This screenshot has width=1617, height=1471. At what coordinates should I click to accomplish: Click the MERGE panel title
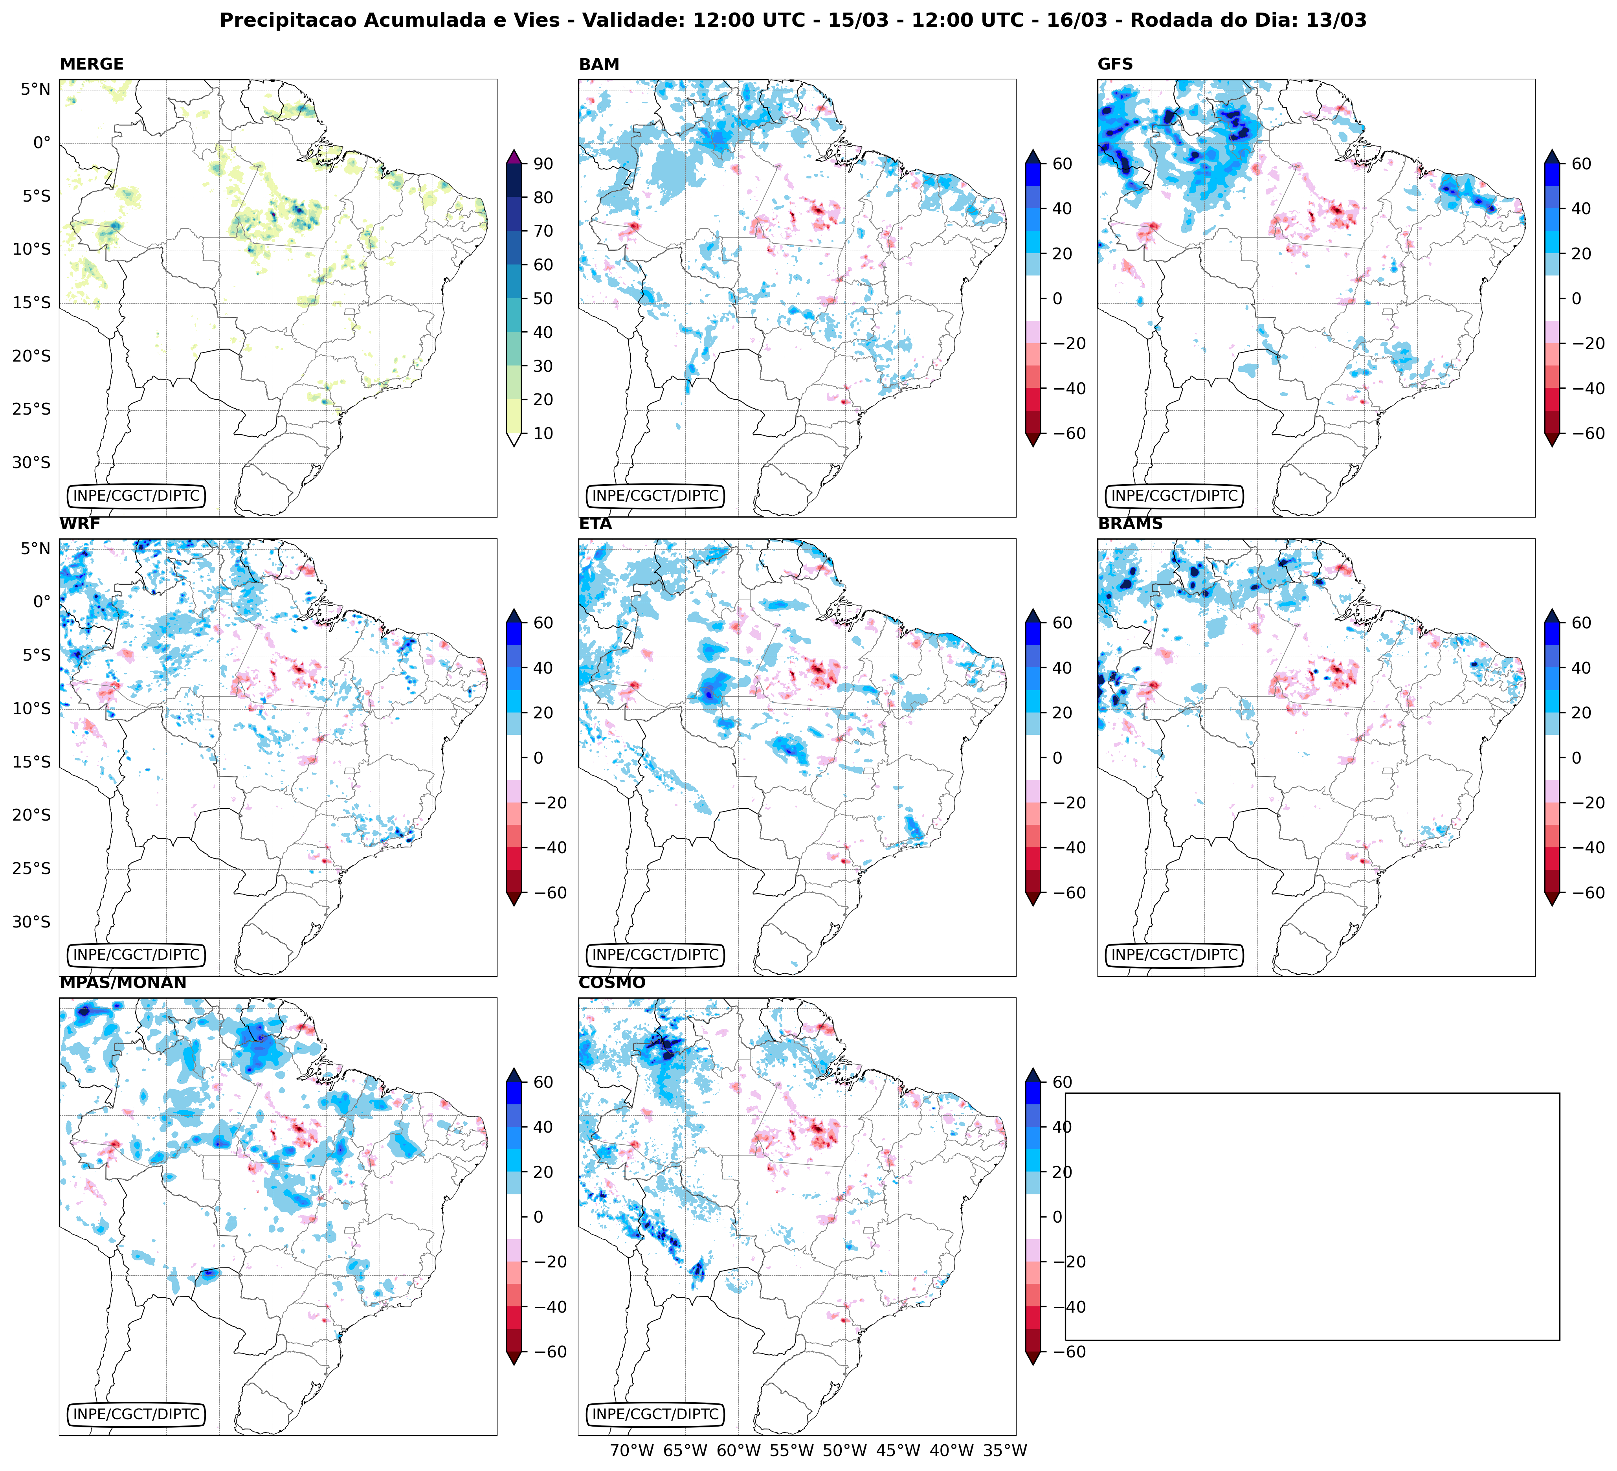tap(92, 64)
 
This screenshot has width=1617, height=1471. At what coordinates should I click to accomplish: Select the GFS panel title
tap(1115, 64)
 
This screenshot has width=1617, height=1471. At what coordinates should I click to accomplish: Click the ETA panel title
tap(595, 524)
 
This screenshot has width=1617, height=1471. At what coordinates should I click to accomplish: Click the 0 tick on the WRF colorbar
tap(538, 758)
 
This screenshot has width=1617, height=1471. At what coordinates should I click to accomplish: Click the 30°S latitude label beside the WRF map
tap(31, 922)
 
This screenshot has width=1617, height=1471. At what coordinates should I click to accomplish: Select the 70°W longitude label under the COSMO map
tap(632, 1450)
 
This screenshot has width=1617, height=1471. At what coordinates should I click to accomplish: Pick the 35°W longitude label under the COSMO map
tap(1005, 1450)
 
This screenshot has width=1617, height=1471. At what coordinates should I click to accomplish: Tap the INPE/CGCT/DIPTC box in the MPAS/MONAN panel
tap(136, 1414)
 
